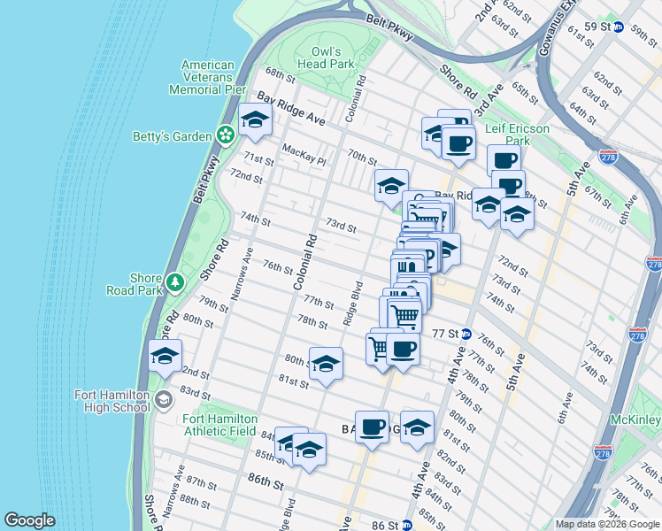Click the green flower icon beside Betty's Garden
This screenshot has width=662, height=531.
[x=226, y=135]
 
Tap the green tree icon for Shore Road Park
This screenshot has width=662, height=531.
[x=175, y=282]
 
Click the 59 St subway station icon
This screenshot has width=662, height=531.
[x=619, y=27]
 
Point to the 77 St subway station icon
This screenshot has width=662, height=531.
[x=466, y=334]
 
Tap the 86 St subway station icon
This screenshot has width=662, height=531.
[x=406, y=525]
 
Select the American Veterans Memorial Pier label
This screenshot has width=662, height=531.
[x=209, y=77]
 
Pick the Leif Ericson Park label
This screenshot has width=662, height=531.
[x=518, y=135]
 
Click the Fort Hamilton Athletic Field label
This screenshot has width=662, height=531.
[x=220, y=425]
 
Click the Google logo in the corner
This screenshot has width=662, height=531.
[x=29, y=521]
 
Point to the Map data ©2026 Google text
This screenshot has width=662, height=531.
[x=607, y=524]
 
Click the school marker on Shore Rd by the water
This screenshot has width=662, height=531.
[x=165, y=357]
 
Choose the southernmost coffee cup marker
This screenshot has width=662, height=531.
[x=372, y=427]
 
